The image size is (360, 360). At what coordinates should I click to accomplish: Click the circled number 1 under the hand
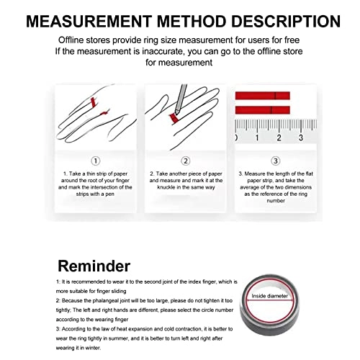[x=96, y=161]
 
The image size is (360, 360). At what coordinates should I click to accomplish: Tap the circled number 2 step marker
[x=185, y=161]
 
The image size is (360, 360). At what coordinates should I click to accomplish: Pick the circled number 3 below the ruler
[x=275, y=161]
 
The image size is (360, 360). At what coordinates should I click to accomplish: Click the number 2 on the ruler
[x=279, y=137]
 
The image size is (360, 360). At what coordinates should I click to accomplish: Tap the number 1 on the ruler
[x=258, y=137]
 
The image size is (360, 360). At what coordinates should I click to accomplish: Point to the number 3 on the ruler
[x=301, y=137]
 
